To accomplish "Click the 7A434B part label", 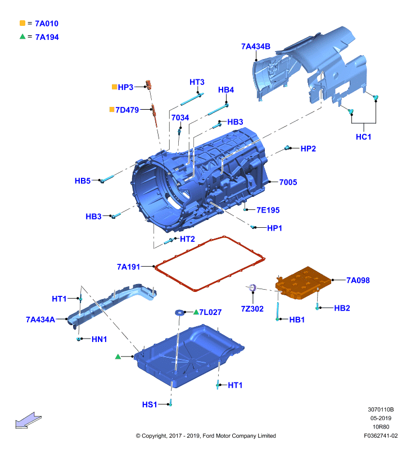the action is [x=256, y=46].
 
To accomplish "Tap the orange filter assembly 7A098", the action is [x=303, y=283].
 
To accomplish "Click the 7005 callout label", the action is [x=288, y=182].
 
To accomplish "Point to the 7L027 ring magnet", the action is [x=180, y=312].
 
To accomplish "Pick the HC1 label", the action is [x=363, y=137].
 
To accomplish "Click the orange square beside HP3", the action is [x=114, y=87].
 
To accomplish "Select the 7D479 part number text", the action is [x=127, y=110].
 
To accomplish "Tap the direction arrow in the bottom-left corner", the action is [x=28, y=421].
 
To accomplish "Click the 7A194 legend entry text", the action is [x=47, y=37].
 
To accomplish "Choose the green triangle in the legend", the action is [x=22, y=37].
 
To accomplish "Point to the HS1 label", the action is [x=150, y=404].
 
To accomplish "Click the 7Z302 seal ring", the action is [x=252, y=287].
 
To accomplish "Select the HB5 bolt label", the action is [x=82, y=181].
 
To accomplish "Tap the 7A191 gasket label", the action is [x=128, y=267].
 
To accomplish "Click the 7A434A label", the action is [x=40, y=319].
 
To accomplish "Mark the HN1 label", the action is [x=99, y=339].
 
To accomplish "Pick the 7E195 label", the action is [x=268, y=210].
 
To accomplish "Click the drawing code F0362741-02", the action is [x=381, y=435].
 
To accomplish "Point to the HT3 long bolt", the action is [x=192, y=100].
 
